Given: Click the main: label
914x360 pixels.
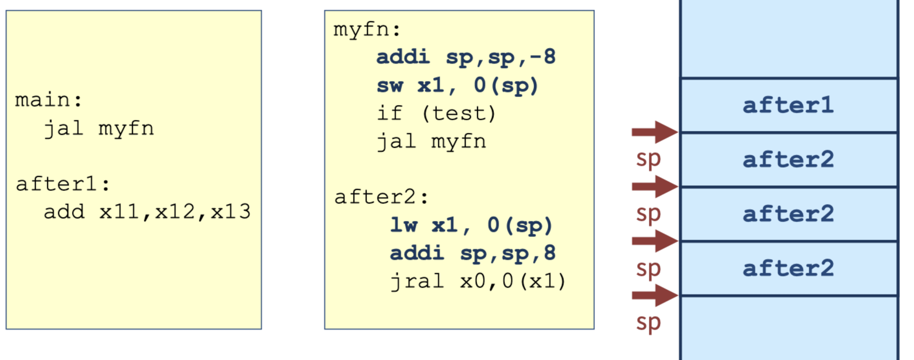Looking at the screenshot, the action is pyautogui.click(x=48, y=100).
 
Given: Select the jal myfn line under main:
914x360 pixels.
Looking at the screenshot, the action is pyautogui.click(x=99, y=128).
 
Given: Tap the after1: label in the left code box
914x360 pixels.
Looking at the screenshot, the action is pyautogui.click(x=63, y=184).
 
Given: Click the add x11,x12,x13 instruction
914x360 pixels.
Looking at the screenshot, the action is pyautogui.click(x=147, y=212).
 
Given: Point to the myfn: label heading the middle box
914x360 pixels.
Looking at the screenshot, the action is pyautogui.click(x=367, y=30).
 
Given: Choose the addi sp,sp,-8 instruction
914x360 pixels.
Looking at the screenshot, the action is pyautogui.click(x=466, y=57).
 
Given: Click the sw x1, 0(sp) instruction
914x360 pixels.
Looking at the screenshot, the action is pyautogui.click(x=457, y=86).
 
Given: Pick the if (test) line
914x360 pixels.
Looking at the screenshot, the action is pyautogui.click(x=436, y=114).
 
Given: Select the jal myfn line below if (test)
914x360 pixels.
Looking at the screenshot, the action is pyautogui.click(x=431, y=142).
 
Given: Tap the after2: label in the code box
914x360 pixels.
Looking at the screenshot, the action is pyautogui.click(x=381, y=197).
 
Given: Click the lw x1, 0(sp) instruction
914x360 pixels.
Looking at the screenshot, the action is pyautogui.click(x=471, y=225).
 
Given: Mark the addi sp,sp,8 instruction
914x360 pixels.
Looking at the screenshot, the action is pyautogui.click(x=473, y=253).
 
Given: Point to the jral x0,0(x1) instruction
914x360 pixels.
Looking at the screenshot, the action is pyautogui.click(x=478, y=281).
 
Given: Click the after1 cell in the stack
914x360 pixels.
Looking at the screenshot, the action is pyautogui.click(x=788, y=105).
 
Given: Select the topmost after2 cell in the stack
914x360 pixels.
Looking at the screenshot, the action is pyautogui.click(x=788, y=160).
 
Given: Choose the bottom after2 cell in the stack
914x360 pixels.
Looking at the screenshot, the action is pyautogui.click(x=788, y=268).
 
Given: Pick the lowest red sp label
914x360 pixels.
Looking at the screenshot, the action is pyautogui.click(x=648, y=323).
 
